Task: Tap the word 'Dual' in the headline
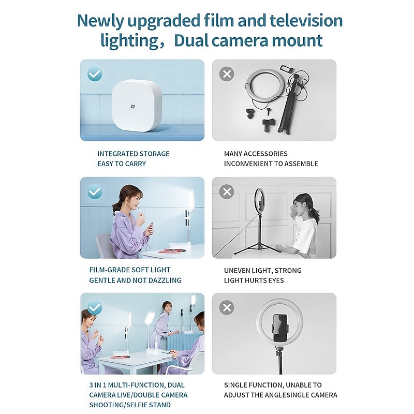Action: click(190, 40)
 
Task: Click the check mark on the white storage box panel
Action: click(95, 74)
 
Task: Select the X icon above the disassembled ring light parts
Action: click(227, 74)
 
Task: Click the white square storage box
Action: click(136, 105)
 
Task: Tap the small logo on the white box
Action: click(132, 107)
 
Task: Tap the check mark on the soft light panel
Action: click(95, 191)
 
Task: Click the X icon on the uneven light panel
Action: click(227, 191)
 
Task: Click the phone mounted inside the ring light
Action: click(280, 328)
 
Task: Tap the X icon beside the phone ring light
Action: click(227, 307)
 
